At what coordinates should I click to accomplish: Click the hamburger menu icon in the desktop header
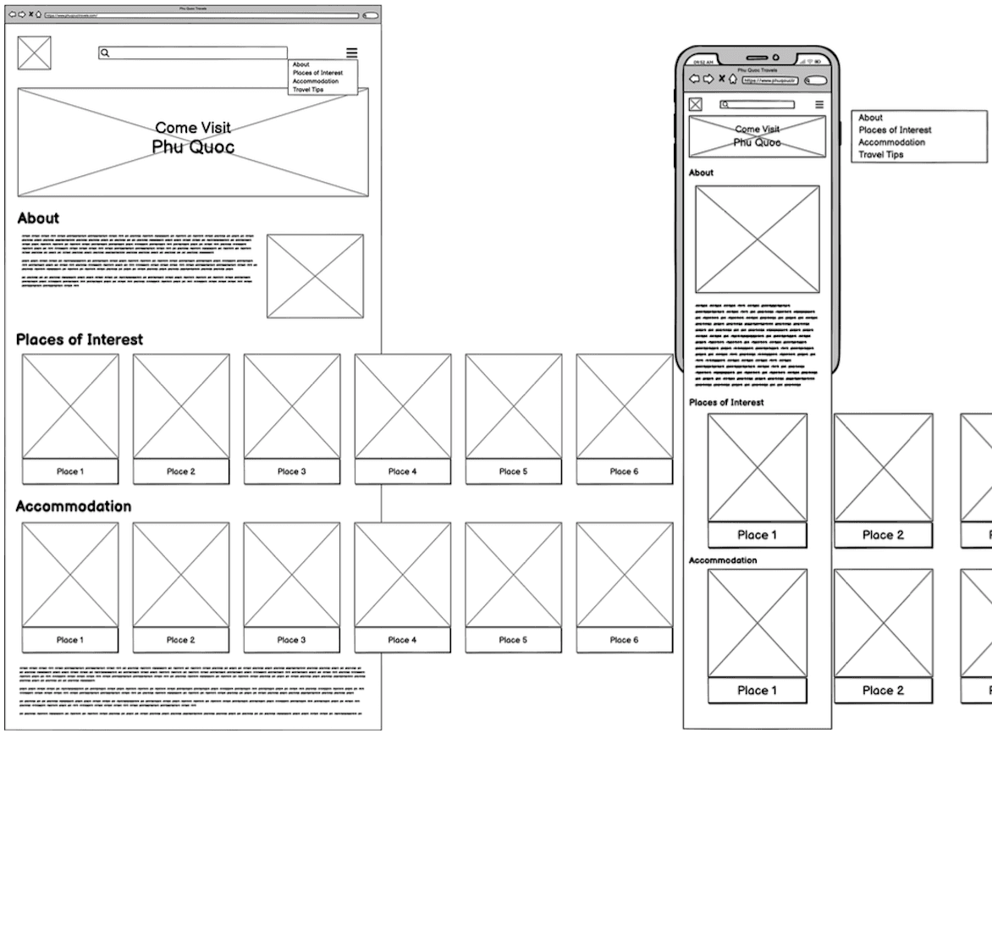point(351,52)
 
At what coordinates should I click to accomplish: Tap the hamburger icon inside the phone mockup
point(818,105)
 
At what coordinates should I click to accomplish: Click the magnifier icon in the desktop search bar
point(105,52)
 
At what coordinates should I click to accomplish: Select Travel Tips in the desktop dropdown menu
point(308,90)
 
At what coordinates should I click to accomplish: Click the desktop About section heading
point(38,218)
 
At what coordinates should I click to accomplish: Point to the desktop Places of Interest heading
point(80,339)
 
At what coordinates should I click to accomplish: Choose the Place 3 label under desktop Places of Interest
point(292,471)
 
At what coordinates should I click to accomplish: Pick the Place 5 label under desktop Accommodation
point(513,640)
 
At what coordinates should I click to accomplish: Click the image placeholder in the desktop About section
point(315,276)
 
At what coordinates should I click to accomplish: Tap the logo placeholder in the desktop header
point(34,53)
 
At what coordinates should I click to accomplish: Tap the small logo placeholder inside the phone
point(696,104)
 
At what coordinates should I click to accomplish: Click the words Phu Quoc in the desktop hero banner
point(193,147)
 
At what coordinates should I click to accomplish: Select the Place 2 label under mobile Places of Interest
point(883,535)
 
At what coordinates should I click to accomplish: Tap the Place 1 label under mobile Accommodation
point(757,691)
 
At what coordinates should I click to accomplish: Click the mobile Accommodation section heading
point(723,560)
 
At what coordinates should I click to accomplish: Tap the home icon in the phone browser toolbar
point(732,79)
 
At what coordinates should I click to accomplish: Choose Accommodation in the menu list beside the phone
point(891,142)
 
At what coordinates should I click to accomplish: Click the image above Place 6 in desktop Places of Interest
point(625,406)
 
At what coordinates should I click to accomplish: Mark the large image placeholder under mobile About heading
point(758,240)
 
